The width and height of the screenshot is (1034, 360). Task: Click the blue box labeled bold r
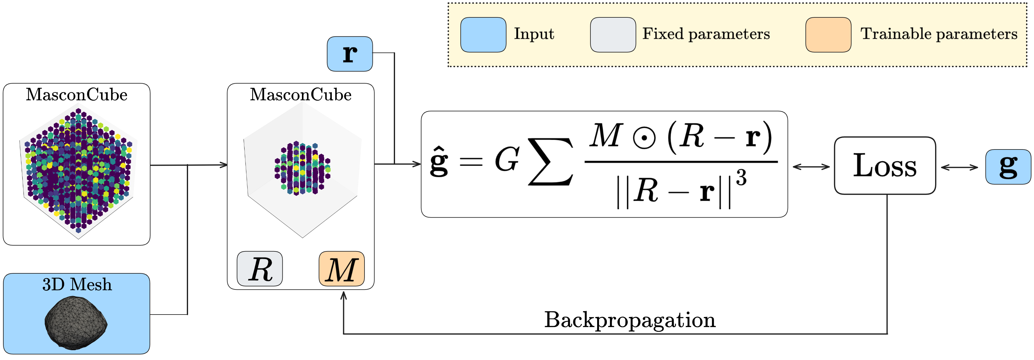point(350,54)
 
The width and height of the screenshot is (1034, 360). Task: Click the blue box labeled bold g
point(1008,167)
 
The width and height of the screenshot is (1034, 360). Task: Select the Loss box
point(885,165)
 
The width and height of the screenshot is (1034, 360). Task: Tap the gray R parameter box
point(260,269)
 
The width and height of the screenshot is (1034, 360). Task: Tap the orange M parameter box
point(342,269)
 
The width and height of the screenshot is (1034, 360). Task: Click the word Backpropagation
point(629,320)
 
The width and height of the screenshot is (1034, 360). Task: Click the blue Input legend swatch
point(483,34)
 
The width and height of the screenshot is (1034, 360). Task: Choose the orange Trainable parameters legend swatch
point(828,34)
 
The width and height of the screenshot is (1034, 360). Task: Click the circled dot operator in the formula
point(644,138)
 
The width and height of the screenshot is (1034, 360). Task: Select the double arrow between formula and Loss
point(811,167)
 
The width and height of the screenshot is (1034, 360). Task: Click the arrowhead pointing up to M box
point(343,296)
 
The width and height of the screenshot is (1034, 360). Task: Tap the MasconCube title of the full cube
point(76,95)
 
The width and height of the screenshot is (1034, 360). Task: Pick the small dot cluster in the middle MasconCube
point(302,168)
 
